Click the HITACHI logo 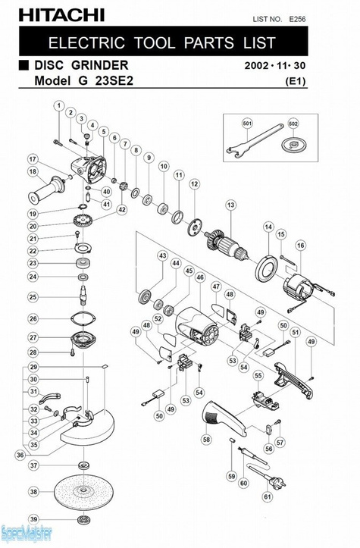coord(61,15)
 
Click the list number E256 coord(297,19)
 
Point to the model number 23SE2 coord(114,81)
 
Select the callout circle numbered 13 coord(230,205)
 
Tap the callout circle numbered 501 coord(248,124)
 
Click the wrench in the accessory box coord(255,142)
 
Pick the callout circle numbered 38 coord(33,492)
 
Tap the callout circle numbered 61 coord(268,496)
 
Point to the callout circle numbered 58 coord(207,439)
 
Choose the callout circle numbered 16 coord(301,246)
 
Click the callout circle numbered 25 coord(33,297)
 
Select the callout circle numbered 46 coord(200,278)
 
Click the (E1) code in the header coord(296,81)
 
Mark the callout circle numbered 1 coord(59,105)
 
